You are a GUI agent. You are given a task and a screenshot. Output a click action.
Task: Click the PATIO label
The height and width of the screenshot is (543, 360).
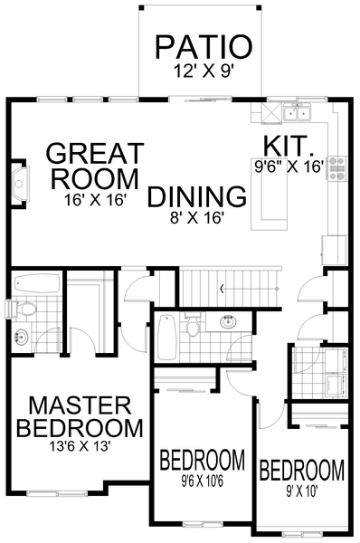(202, 46)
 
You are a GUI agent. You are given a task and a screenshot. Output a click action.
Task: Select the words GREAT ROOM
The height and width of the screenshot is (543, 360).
(94, 164)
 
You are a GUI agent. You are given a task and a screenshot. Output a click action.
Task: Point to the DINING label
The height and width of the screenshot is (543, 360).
(197, 195)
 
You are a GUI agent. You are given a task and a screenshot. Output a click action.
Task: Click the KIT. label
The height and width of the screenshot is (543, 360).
(289, 145)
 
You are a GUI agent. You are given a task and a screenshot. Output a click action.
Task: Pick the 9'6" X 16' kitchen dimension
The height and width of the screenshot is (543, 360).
(288, 166)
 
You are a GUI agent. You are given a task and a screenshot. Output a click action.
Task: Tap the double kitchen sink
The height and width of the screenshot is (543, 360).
(297, 113)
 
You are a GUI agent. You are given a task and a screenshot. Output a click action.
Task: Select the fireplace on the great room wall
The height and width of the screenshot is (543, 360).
(17, 181)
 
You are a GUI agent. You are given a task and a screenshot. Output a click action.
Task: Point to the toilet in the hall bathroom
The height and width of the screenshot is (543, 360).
(192, 326)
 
